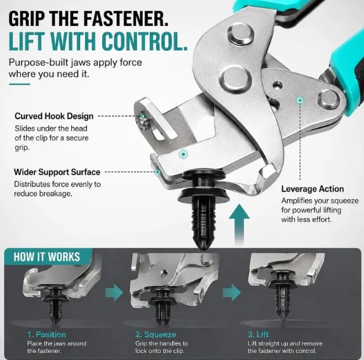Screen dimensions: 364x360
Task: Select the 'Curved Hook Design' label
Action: coord(54,116)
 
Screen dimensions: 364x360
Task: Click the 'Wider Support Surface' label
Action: coord(57,172)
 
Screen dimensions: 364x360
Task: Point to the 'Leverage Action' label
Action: coord(313,189)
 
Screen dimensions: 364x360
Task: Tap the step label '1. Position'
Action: coord(46,335)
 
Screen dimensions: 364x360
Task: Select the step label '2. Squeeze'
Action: coord(156,335)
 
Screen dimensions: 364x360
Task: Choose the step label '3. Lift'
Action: coord(258,335)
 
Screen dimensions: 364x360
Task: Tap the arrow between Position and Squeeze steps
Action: coord(114,293)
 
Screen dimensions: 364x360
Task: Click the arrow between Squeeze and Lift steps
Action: coord(232,293)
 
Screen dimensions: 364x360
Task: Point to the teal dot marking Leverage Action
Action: coord(300,100)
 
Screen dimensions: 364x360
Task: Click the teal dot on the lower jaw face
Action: coord(184,154)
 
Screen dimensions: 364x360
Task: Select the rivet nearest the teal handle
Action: coord(328,100)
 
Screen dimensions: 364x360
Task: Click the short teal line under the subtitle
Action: coord(20,84)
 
